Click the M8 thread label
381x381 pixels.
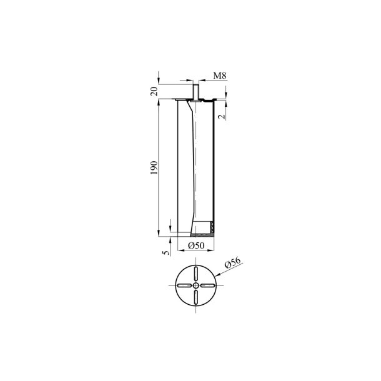coord(219,76)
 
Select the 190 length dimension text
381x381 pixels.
coord(154,167)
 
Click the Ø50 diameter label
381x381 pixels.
coord(197,245)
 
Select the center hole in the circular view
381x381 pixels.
coord(196,285)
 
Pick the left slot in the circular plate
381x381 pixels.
coord(184,285)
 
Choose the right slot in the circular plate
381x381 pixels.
coord(208,285)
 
